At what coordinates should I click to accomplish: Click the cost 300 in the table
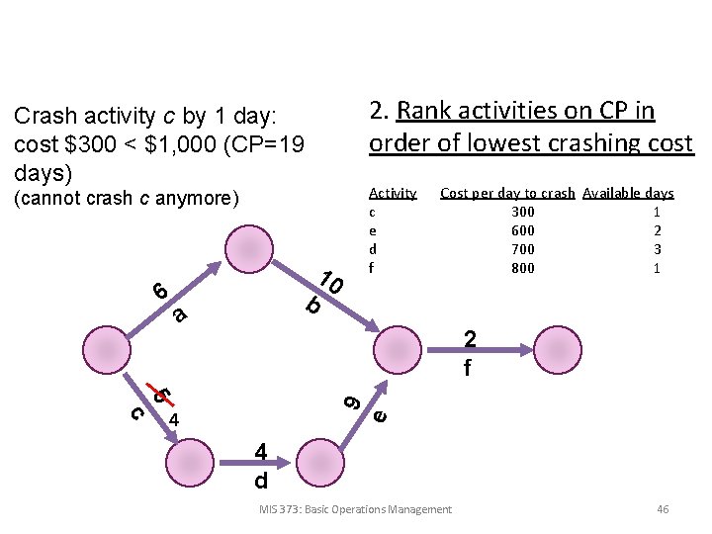click(522, 212)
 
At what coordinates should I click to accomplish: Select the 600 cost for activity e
click(522, 230)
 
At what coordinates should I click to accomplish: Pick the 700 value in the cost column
click(522, 249)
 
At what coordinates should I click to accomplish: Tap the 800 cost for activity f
click(522, 268)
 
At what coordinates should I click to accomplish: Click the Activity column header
click(393, 193)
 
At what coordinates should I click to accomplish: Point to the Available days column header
click(628, 193)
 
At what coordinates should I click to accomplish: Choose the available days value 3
click(657, 249)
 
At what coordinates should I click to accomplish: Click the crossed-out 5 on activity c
click(162, 397)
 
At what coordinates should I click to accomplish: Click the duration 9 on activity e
click(351, 401)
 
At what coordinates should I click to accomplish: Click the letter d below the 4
click(261, 481)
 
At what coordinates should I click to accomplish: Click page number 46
click(663, 509)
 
